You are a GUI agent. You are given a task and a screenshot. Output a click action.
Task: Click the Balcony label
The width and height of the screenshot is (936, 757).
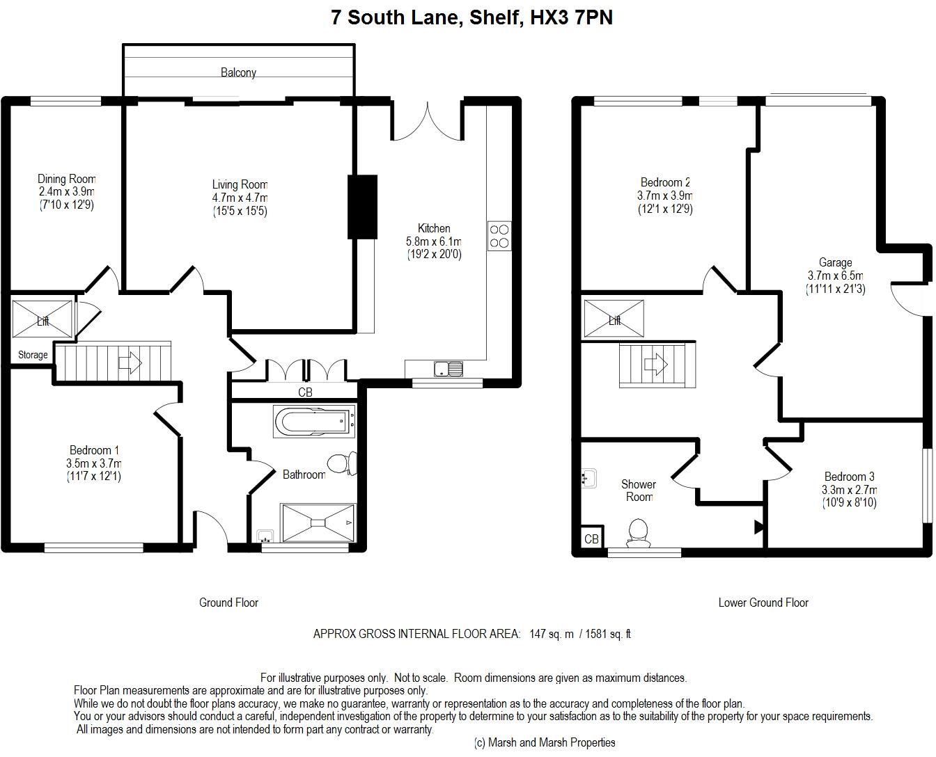coord(238,72)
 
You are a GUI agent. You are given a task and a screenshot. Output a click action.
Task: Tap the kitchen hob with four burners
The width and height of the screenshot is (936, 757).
coord(499,236)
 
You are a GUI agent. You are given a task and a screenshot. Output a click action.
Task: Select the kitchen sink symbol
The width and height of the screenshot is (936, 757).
coord(448,369)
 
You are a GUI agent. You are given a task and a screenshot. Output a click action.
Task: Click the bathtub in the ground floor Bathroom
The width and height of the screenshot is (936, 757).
coord(314,422)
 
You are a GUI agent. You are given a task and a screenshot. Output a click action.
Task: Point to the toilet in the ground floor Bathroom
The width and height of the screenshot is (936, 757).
coord(343,463)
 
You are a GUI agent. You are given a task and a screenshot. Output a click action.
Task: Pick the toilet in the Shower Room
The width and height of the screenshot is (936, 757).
coord(638,533)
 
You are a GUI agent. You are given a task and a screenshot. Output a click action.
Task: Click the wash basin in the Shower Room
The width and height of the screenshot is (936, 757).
coord(589,478)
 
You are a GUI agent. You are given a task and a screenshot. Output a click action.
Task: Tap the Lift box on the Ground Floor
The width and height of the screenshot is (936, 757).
coord(42,319)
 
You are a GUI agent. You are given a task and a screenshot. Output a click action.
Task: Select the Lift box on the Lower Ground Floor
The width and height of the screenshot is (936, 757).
coord(614,319)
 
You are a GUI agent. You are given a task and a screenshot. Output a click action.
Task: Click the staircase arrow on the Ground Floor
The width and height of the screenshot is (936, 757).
coord(130,363)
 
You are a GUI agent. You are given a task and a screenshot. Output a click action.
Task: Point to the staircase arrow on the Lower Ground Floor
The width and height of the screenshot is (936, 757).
coord(656,364)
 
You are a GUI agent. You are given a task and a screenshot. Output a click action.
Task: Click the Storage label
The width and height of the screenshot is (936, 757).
coord(33,355)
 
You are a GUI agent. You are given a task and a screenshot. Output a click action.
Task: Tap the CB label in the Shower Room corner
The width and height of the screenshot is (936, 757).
coord(591,539)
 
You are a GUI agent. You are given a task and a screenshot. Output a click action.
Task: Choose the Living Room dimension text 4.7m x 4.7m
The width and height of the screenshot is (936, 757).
coord(240,198)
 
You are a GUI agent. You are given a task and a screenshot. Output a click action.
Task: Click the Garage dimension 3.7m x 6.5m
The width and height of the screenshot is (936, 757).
coord(836,276)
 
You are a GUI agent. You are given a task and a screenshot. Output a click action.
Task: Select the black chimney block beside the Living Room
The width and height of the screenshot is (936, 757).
coord(363,207)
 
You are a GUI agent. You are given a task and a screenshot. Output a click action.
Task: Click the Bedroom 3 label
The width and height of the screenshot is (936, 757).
coord(850,477)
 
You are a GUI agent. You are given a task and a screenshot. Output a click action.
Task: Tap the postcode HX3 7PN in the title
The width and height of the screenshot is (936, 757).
coord(571,17)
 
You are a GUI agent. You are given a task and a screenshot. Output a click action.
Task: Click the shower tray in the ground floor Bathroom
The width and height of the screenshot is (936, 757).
coord(318,523)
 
